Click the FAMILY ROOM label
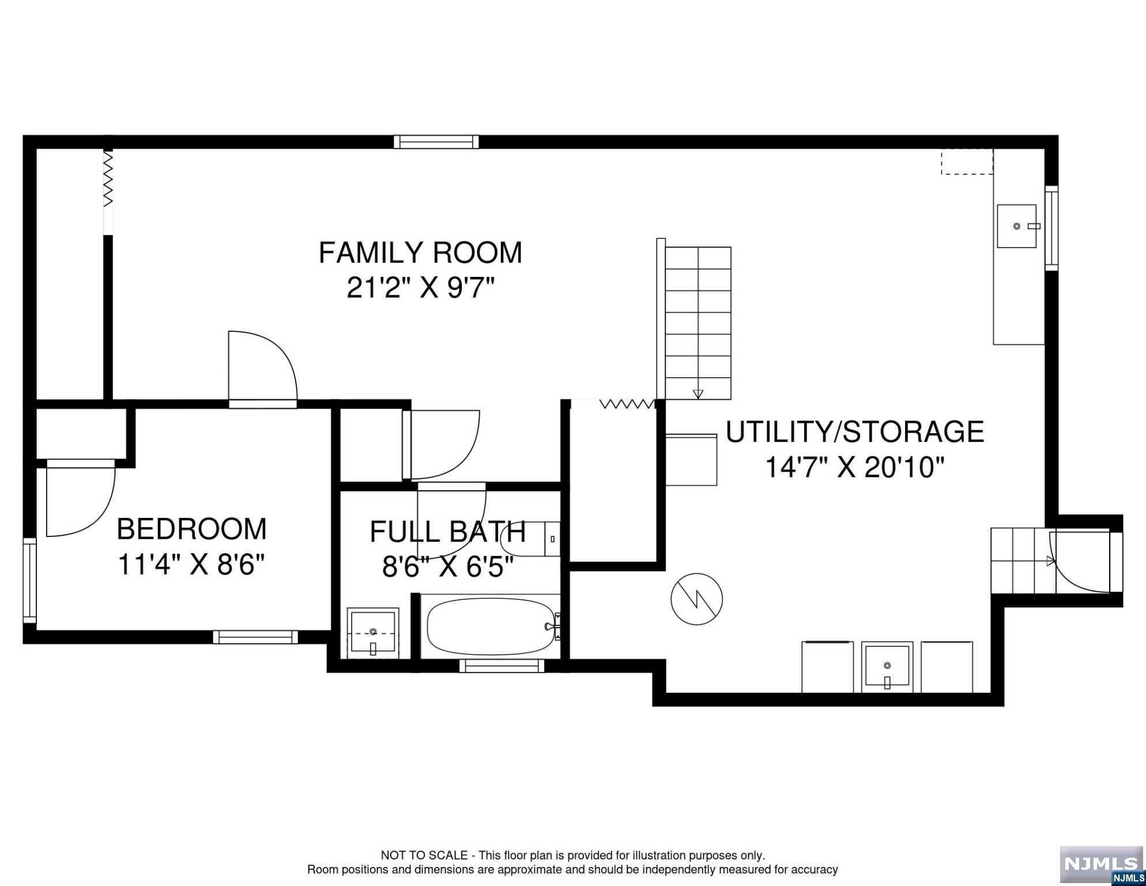pyautogui.click(x=420, y=253)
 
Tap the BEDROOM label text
pyautogui.click(x=192, y=529)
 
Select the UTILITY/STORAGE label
pyautogui.click(x=854, y=432)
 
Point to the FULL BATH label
pyautogui.click(x=448, y=532)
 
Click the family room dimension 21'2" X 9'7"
pyautogui.click(x=421, y=288)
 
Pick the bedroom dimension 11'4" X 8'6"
pyautogui.click(x=191, y=565)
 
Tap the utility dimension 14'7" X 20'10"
pyautogui.click(x=855, y=467)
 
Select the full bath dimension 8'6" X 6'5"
pyautogui.click(x=448, y=568)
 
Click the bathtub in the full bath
pyautogui.click(x=491, y=626)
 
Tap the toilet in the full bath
pyautogui.click(x=530, y=539)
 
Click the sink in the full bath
pyautogui.click(x=373, y=633)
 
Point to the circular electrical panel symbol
pyautogui.click(x=697, y=598)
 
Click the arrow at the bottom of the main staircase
pyautogui.click(x=698, y=395)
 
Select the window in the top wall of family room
pyautogui.click(x=436, y=142)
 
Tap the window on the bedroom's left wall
pyautogui.click(x=29, y=581)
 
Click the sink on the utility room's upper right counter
pyautogui.click(x=1017, y=226)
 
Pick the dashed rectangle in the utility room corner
pyautogui.click(x=967, y=162)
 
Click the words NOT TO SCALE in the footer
pyautogui.click(x=424, y=855)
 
